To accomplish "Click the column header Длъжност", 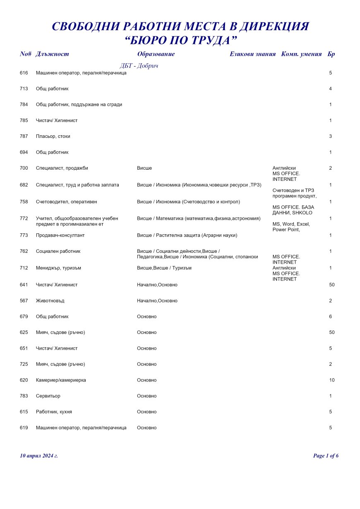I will coord(52,54).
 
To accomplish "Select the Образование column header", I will coord(156,54).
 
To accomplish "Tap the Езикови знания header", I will coord(252,54).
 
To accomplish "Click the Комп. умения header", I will coord(301,54).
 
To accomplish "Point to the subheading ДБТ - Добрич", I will coord(139,66).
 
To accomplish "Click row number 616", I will coord(24,73).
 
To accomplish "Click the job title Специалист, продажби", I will coord(62,168).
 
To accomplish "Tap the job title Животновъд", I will coord(50,300).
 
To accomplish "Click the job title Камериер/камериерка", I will coord(61,380).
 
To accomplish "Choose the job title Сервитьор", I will coord(48,396).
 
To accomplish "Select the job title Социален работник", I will coord(58,251).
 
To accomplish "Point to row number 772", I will coord(24,218).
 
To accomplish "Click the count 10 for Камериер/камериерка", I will coord(332,380).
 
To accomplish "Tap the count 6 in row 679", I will coord(331,317).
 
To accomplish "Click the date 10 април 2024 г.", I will coord(39,456).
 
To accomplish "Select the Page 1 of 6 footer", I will coord(326,456).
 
